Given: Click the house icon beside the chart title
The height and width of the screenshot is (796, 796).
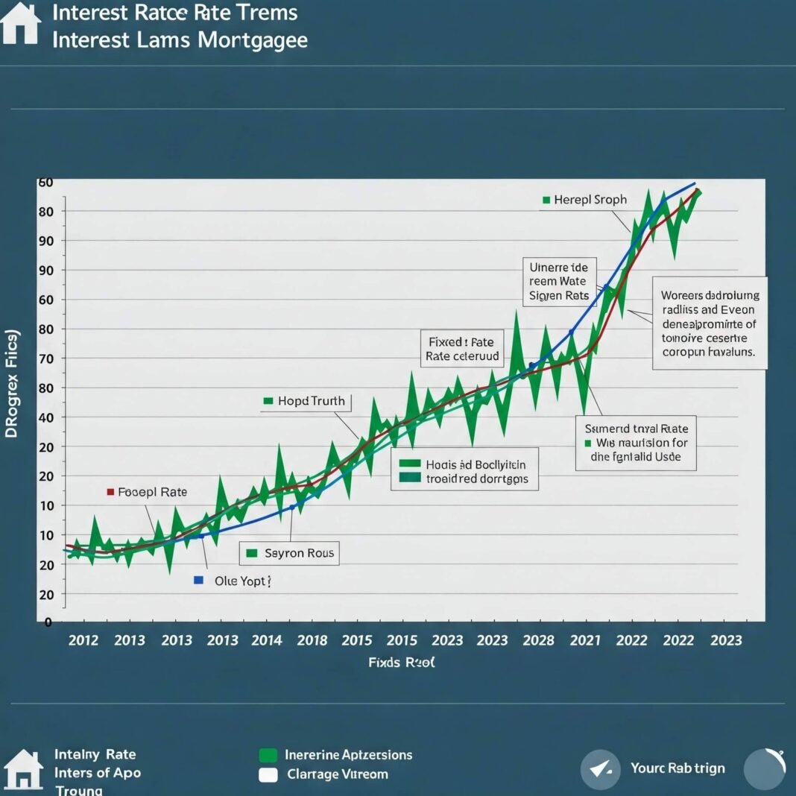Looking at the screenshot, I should click(21, 23).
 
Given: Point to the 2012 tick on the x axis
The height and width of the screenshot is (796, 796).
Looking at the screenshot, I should click(83, 640).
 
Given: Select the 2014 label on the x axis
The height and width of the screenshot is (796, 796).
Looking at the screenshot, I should click(267, 640).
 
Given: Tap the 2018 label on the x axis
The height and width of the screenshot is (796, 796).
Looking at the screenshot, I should click(312, 640).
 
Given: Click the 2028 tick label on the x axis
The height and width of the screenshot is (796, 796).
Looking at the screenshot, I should click(538, 640).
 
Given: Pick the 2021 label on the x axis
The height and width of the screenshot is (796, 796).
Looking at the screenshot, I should click(585, 640).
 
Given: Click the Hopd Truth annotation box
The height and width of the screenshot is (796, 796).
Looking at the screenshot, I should click(305, 401).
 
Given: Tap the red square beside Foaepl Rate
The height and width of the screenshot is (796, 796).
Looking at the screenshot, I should click(110, 492).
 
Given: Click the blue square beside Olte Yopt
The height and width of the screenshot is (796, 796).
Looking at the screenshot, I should click(198, 580).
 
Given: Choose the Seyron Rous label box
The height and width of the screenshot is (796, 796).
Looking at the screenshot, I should click(289, 553).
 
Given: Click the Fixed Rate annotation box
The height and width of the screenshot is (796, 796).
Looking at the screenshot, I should click(461, 349).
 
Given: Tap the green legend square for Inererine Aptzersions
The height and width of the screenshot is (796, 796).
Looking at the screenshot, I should click(268, 755).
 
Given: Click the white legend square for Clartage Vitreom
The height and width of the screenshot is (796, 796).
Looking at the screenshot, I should click(268, 775).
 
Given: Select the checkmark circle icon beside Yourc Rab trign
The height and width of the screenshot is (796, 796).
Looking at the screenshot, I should click(600, 769).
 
